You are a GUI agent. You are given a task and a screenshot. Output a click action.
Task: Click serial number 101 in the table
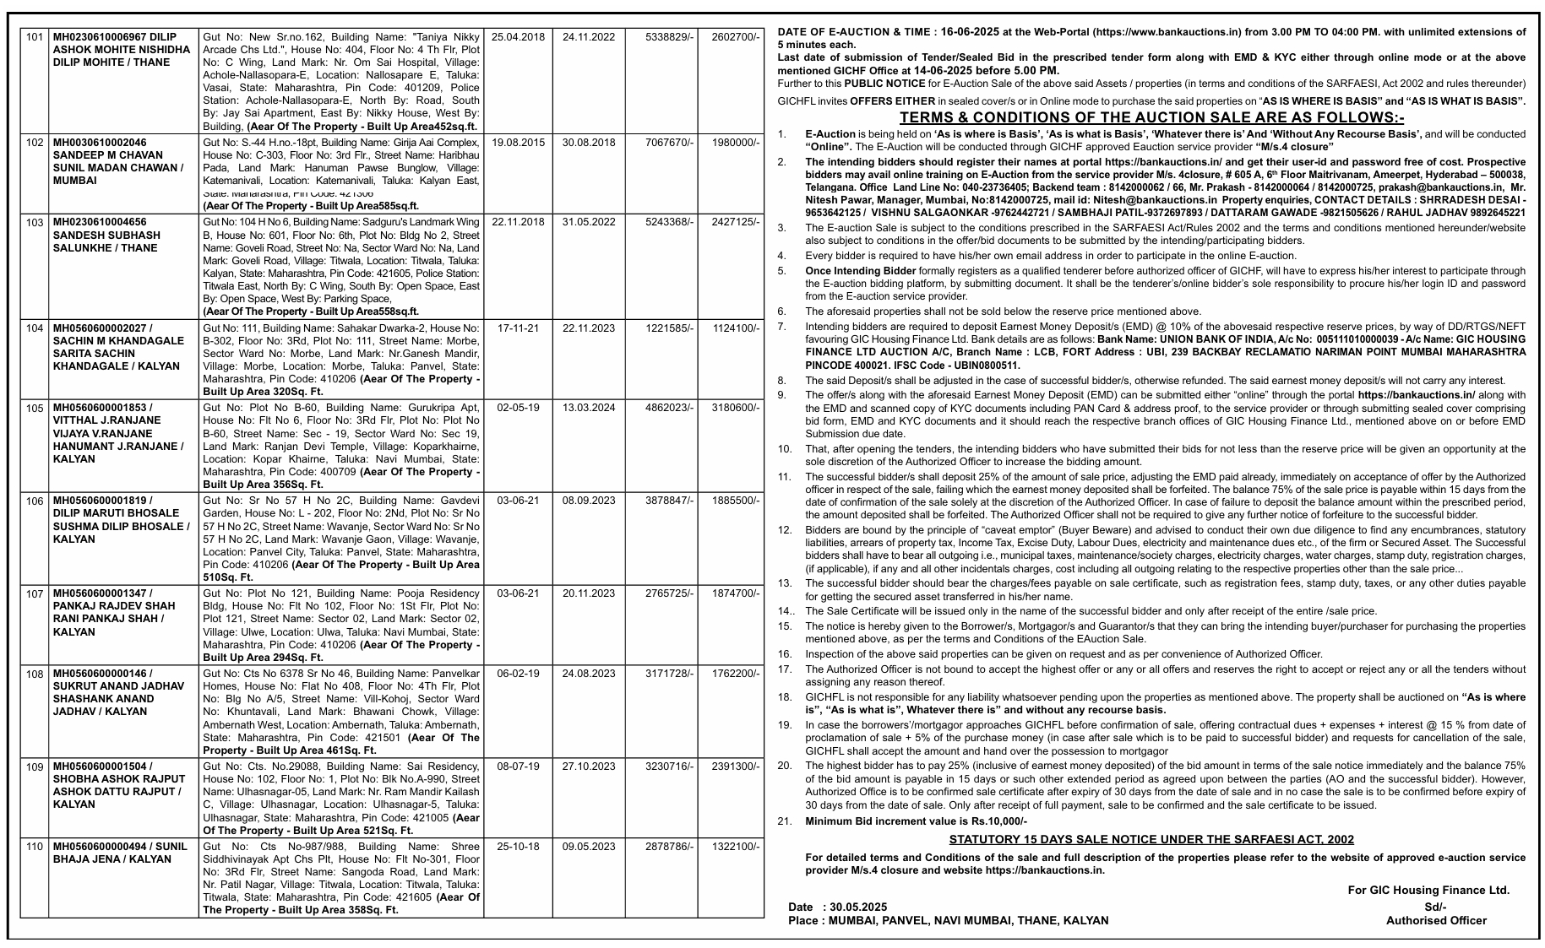coord(34,37)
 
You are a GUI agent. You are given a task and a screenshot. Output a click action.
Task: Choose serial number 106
coord(34,501)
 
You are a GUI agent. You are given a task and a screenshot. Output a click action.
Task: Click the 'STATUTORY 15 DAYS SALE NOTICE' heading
coord(1151,839)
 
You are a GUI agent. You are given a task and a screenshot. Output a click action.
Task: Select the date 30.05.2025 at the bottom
coord(858,907)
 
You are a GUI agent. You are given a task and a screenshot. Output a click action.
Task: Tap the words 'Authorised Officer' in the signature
coord(1436,920)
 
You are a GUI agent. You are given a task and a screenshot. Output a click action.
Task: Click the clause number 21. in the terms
coord(785,821)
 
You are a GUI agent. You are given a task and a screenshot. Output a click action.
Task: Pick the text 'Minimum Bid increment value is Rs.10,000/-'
coord(916,821)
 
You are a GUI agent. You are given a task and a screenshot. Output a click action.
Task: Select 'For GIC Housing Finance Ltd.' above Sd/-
coord(1428,890)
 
